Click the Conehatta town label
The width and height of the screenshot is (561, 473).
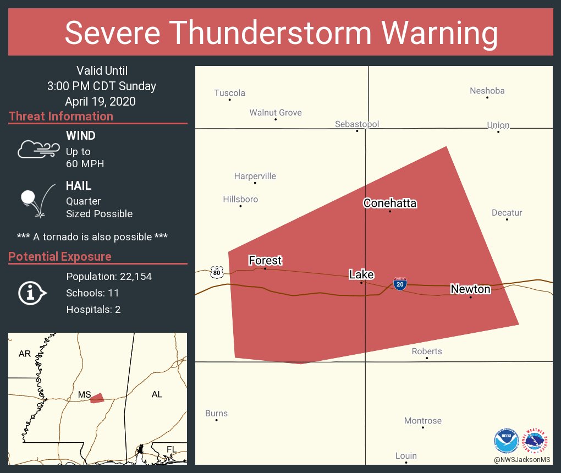coord(390,204)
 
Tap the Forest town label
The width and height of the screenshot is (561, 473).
coord(265,260)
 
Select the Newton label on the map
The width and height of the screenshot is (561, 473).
coord(470,289)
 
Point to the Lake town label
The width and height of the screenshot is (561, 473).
coord(361,274)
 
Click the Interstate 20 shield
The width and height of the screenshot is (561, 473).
coord(400,284)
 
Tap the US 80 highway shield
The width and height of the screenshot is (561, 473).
coord(216,271)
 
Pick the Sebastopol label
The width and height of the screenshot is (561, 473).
coord(357,124)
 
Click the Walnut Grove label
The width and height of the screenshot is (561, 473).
coord(276,113)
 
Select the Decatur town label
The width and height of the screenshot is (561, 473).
coord(507,213)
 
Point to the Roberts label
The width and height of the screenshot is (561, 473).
coord(427,351)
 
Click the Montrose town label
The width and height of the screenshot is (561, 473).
coord(423,421)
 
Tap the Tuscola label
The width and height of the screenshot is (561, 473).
coord(229,93)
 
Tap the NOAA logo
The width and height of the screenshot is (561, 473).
coord(506,440)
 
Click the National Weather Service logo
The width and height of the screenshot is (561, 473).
coord(536,440)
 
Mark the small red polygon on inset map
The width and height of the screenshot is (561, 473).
coord(97,398)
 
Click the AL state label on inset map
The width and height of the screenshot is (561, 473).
coord(157,394)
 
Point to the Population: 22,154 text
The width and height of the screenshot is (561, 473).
coord(109,277)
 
